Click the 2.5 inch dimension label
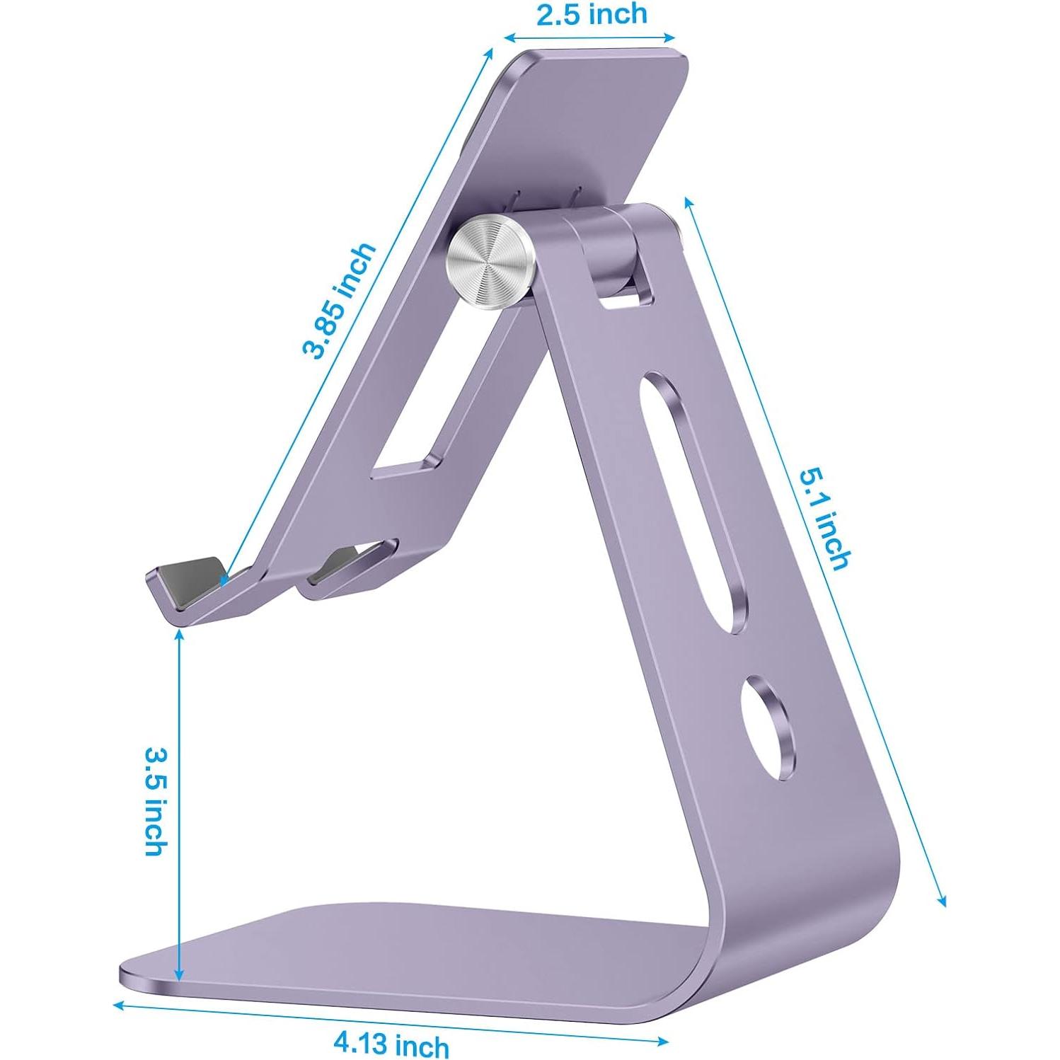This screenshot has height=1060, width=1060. tap(592, 14)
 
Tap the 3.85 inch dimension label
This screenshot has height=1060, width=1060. tap(338, 300)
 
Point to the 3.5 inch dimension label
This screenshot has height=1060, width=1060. tap(156, 800)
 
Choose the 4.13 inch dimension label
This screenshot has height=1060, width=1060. tap(391, 1043)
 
